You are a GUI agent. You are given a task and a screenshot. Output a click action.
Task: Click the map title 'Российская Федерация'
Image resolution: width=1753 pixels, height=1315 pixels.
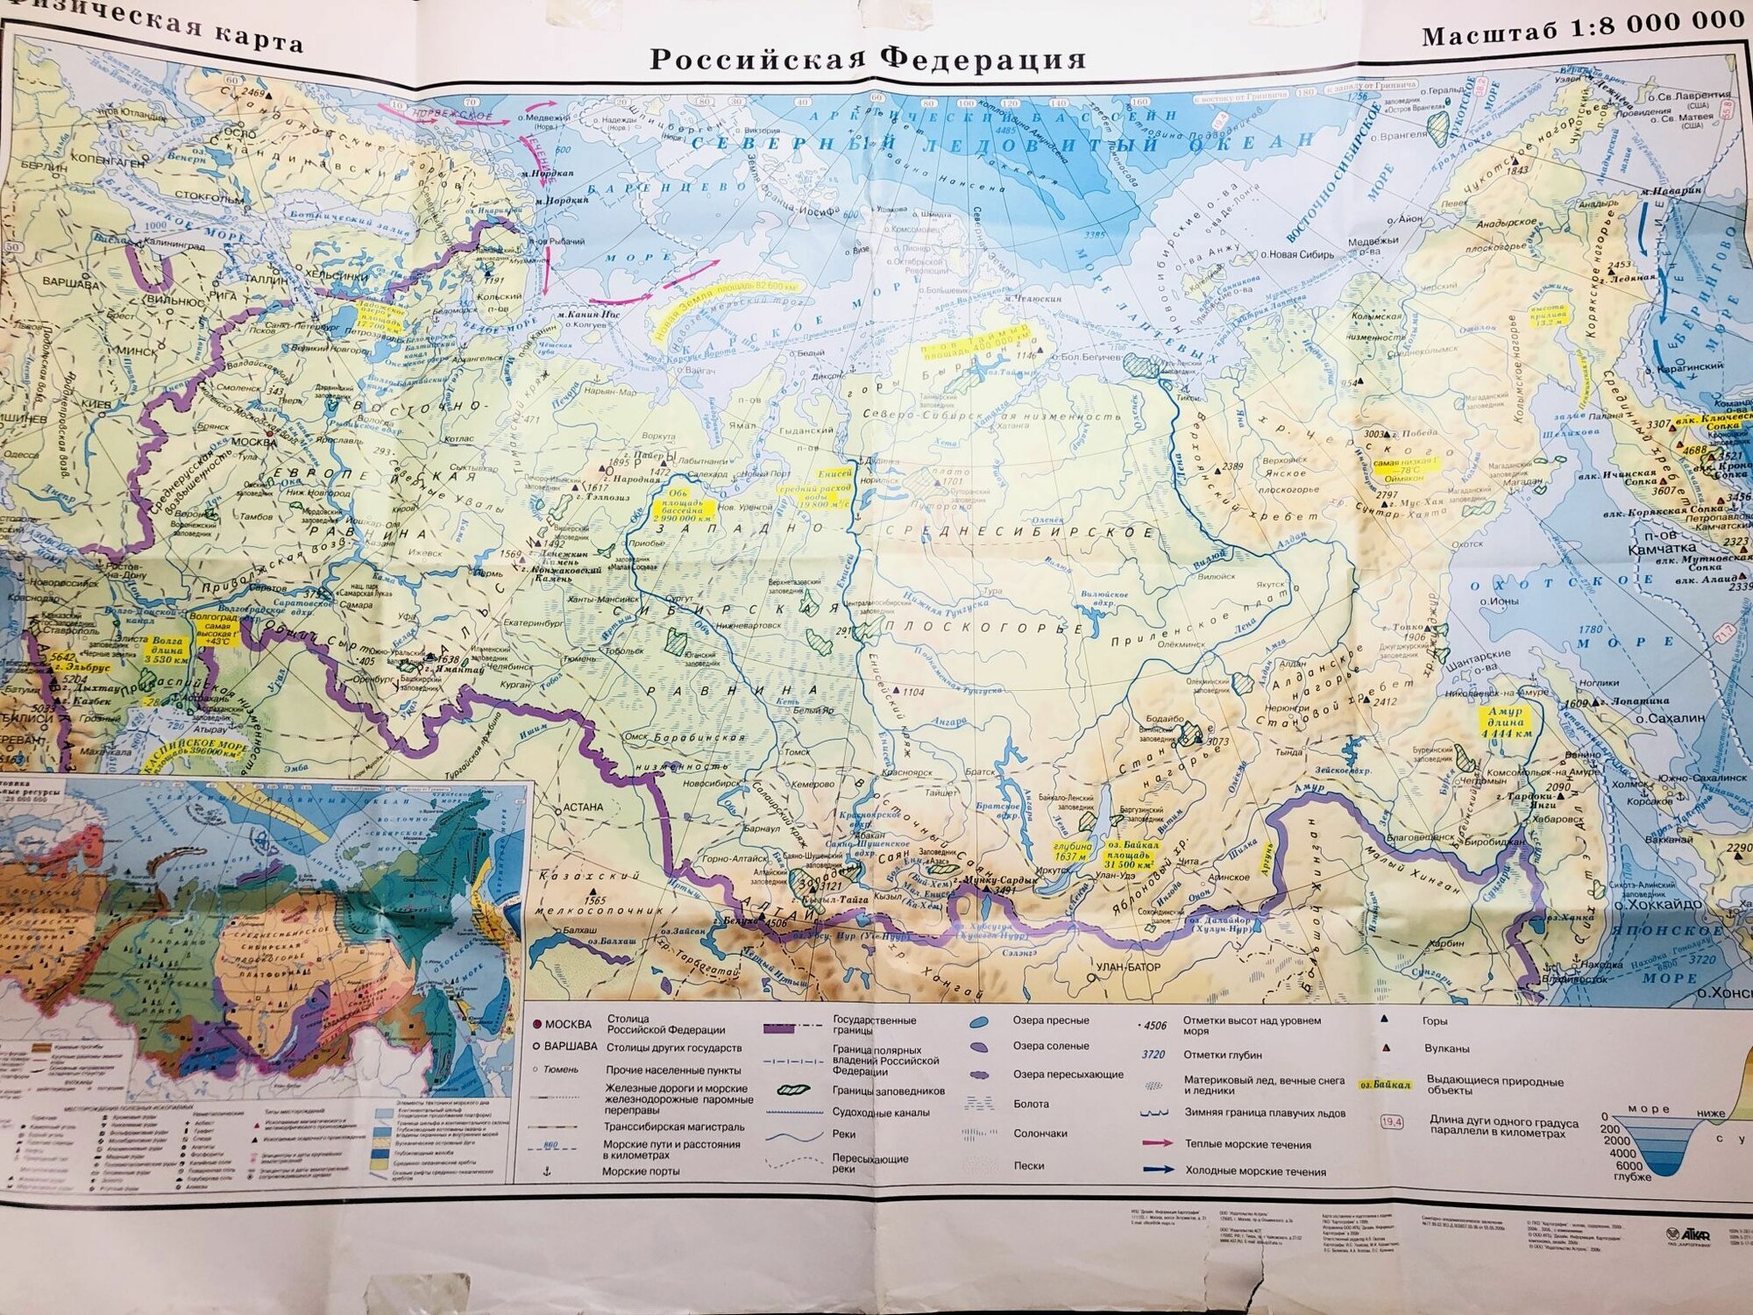868,60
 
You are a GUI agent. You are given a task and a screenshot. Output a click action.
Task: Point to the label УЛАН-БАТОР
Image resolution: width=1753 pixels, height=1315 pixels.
1127,968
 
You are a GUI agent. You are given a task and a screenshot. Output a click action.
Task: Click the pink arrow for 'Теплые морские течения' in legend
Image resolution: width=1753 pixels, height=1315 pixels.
1158,1143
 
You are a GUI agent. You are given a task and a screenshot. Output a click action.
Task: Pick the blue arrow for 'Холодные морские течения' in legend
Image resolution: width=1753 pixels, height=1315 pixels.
1158,1169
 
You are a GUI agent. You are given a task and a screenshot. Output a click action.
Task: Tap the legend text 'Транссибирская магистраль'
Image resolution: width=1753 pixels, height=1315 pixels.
674,1127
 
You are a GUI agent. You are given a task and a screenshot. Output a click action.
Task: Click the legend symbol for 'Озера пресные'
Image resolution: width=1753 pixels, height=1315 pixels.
980,1022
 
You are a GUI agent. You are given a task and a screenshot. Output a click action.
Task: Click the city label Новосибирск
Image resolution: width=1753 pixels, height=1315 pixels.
698,784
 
